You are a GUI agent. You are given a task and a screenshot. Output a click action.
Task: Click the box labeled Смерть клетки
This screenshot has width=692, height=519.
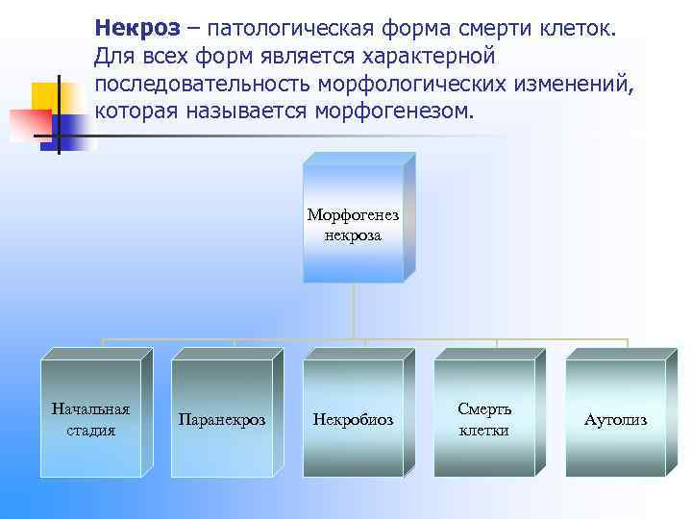pyautogui.click(x=484, y=419)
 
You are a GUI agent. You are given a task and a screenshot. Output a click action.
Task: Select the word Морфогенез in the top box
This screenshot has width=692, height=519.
pyautogui.click(x=353, y=215)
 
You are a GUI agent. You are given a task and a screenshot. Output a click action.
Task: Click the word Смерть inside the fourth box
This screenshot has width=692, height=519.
pyautogui.click(x=484, y=409)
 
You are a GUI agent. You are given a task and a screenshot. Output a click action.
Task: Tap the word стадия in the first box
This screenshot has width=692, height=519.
pyautogui.click(x=90, y=430)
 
